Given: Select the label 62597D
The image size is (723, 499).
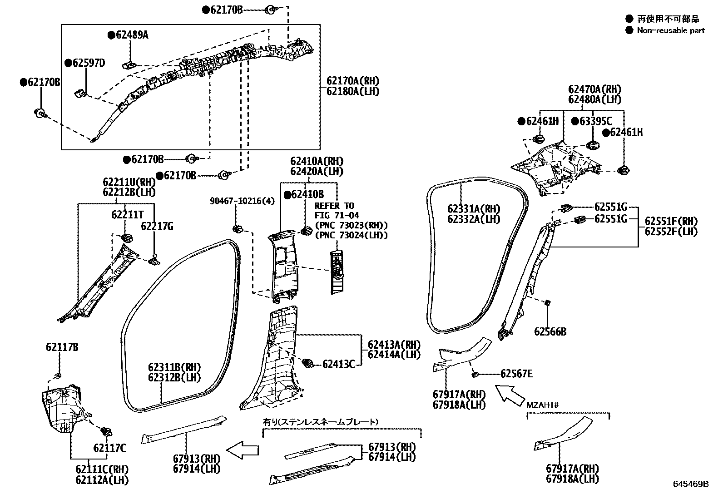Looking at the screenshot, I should (x=88, y=63).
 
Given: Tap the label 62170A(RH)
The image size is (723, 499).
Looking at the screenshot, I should (x=352, y=81).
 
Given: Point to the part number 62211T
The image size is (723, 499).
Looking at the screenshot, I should (x=128, y=214).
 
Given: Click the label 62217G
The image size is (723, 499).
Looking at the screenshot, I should (x=157, y=226).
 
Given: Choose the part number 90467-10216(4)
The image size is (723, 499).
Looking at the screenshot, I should (x=243, y=201).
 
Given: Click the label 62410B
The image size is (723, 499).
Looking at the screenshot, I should (x=307, y=195).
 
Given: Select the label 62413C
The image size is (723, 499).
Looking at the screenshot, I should (x=338, y=364).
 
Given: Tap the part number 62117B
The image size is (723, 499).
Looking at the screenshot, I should (x=62, y=348).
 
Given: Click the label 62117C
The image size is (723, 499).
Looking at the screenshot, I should (x=110, y=448).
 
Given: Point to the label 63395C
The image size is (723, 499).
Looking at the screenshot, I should (x=595, y=121).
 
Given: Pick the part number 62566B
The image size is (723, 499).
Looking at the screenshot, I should (x=550, y=331).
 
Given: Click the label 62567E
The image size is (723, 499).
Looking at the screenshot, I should (x=516, y=374).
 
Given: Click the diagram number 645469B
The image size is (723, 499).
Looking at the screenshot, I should (x=691, y=484).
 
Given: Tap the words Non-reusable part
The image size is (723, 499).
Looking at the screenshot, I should (x=671, y=30).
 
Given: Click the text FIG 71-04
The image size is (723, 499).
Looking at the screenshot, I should (x=337, y=215).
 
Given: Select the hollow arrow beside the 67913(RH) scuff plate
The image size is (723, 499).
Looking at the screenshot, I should (x=243, y=450).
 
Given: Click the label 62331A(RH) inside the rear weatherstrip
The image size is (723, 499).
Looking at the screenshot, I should (x=473, y=209).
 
